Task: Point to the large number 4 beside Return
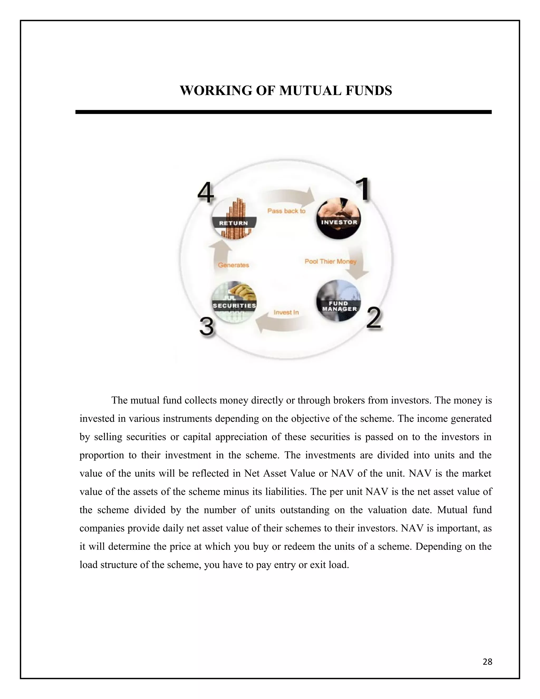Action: click(x=205, y=193)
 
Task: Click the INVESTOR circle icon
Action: click(x=339, y=219)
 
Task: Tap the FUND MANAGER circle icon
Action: click(x=339, y=301)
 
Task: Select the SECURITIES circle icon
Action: click(x=234, y=302)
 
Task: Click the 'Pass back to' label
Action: click(x=286, y=211)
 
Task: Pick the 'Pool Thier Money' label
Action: click(x=330, y=261)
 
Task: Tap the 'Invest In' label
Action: click(x=286, y=312)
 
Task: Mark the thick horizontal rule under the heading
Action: click(x=283, y=112)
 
